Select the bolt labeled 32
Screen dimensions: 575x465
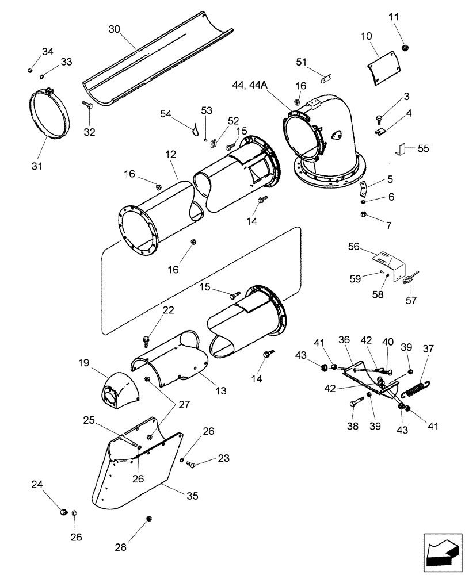(88, 106)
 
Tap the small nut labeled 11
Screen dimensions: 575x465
(405, 47)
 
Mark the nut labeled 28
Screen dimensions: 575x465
(149, 518)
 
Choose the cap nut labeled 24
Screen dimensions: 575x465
(64, 511)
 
